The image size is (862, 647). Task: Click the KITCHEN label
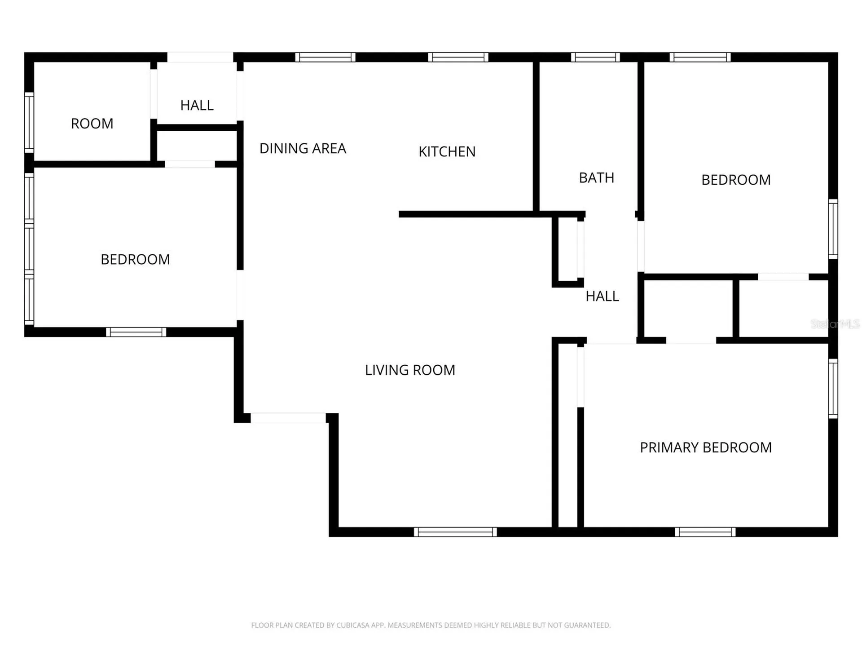447,152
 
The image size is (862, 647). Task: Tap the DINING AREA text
303,148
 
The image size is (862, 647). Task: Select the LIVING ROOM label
410,370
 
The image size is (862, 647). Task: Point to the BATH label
596,178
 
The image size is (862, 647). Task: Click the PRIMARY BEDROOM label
706,448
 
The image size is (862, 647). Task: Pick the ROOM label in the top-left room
92,124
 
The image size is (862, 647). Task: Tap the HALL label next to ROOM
197,105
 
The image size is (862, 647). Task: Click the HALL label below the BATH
602,296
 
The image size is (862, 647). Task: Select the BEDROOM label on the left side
135,259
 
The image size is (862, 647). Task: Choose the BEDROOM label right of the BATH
736,180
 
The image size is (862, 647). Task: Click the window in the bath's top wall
595,57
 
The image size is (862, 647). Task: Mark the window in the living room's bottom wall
455,532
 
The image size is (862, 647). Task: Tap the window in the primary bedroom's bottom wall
705,532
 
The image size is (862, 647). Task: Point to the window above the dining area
325,57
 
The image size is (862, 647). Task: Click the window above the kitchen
458,57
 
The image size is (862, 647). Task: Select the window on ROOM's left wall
29,123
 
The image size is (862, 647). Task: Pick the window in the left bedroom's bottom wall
136,332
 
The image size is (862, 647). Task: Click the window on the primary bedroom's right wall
833,389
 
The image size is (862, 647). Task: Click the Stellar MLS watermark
835,323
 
